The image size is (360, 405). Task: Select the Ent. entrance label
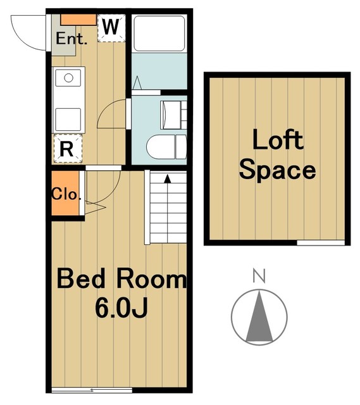[71, 39]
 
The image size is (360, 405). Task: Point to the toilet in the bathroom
[166, 146]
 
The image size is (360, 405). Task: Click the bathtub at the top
[159, 34]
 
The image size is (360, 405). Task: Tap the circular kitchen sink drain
[69, 78]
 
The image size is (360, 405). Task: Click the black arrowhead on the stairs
[168, 178]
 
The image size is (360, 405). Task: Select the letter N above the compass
[259, 276]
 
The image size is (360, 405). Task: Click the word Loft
[278, 140]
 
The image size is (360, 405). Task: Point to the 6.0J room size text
[121, 308]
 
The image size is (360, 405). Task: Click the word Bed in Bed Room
[81, 278]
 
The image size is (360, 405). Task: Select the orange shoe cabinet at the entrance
[78, 20]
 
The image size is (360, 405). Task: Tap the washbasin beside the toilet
[170, 115]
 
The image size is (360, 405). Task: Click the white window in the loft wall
[321, 243]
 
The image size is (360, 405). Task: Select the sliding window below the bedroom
[92, 390]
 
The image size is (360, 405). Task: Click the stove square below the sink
[68, 120]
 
